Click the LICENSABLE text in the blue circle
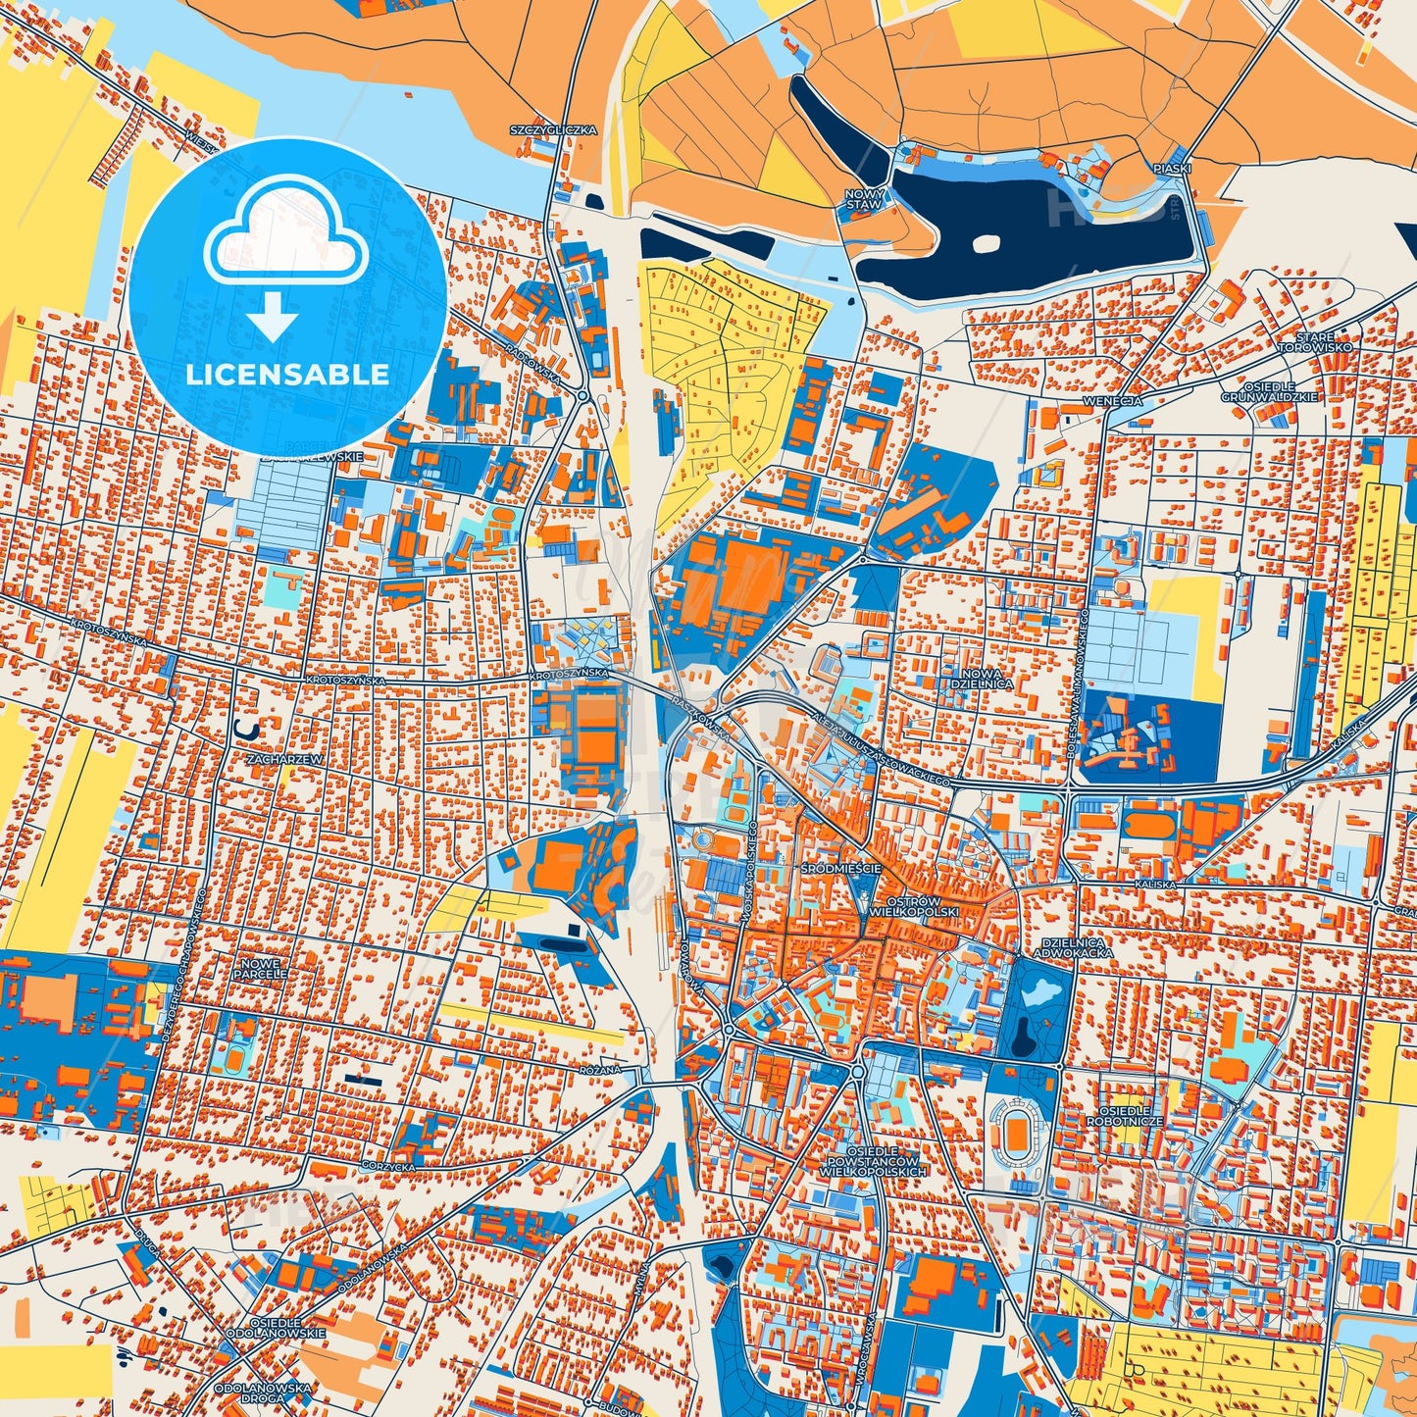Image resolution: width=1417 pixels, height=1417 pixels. click(x=287, y=375)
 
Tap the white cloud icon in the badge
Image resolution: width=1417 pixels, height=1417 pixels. click(x=285, y=239)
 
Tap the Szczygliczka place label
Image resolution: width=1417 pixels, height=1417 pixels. click(x=553, y=129)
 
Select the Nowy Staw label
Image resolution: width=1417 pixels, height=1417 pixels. click(x=864, y=200)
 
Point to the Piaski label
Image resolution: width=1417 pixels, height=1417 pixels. click(x=1172, y=169)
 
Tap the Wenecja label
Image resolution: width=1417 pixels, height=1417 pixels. click(x=1112, y=401)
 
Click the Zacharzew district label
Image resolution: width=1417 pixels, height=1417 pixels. click(x=257, y=759)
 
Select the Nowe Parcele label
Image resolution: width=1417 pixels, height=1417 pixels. click(x=262, y=968)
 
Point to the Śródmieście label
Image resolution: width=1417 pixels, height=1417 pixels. click(x=840, y=869)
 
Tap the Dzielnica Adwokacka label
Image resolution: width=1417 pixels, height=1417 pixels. click(x=1073, y=946)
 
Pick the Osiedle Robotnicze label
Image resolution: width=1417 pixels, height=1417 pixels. click(x=1124, y=1116)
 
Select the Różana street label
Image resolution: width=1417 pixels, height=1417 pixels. click(x=600, y=1070)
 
